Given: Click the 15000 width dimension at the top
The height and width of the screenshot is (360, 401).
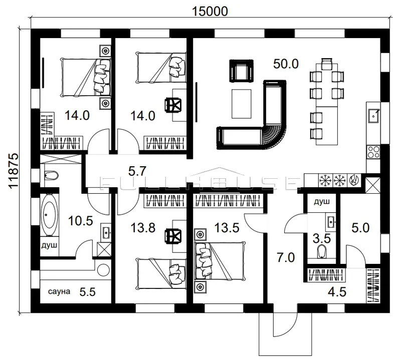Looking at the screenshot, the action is tap(210, 11).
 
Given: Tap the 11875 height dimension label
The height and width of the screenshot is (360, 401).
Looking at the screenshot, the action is tap(14, 171).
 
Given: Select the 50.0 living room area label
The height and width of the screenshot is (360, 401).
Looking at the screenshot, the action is tap(286, 64).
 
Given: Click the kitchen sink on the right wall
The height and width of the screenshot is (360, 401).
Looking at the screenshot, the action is tap(373, 116).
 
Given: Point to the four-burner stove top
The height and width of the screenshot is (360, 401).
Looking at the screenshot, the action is tap(373, 152).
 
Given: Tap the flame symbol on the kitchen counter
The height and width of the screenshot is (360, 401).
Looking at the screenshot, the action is tap(354, 180).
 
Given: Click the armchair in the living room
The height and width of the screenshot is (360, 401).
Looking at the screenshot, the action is tap(242, 71).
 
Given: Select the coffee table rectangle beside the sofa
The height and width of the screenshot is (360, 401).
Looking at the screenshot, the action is tap(242, 104).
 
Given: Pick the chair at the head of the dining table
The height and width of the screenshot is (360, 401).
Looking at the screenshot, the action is tap(327, 64).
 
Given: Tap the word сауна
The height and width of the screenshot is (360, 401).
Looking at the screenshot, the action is tap(59, 291).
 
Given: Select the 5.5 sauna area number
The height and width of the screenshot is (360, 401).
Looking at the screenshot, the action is tap(87, 292).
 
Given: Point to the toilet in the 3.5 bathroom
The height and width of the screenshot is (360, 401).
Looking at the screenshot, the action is tap(322, 252).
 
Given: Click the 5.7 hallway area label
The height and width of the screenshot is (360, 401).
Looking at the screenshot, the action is tap(137, 171).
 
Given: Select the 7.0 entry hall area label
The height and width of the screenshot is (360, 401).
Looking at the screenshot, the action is tap(286, 258).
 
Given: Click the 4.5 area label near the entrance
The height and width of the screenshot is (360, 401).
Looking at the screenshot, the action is tap(337, 292).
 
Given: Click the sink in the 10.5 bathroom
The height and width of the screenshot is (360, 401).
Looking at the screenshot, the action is tap(106, 232).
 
